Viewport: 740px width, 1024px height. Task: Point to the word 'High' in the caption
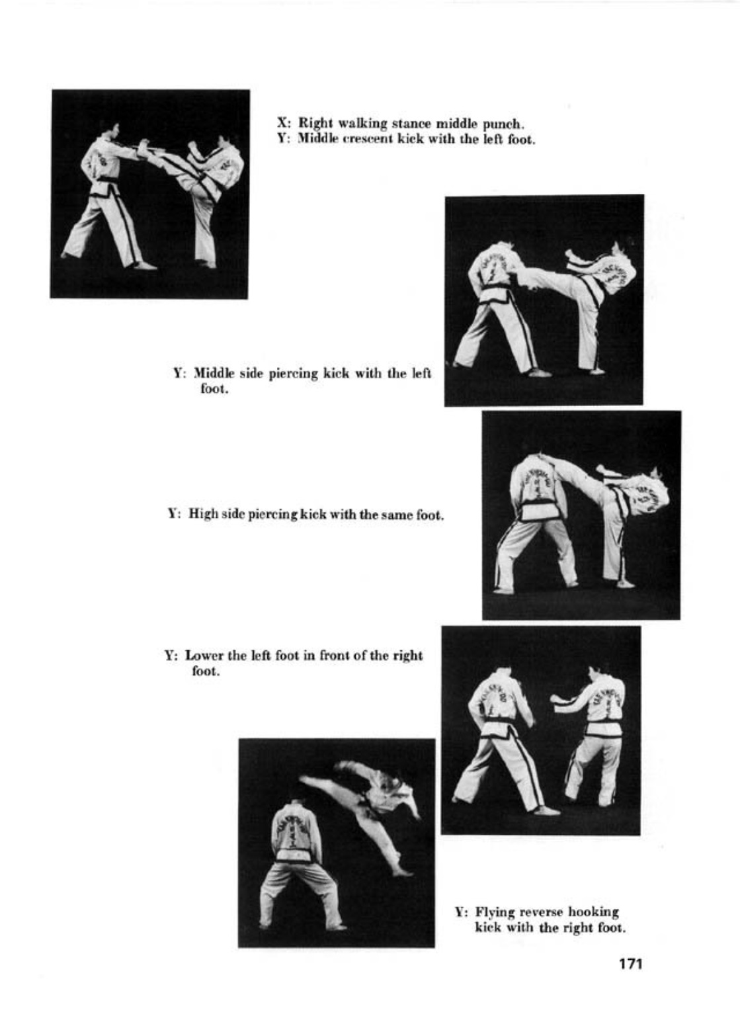[204, 515]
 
